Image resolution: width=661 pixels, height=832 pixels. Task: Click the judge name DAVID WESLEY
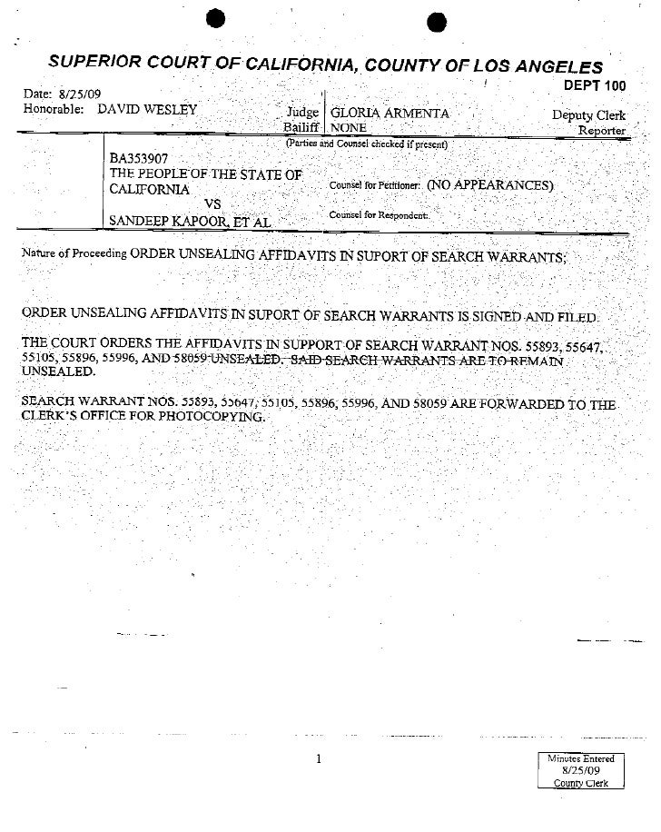[x=146, y=110]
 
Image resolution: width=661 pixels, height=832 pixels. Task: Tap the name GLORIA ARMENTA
[x=390, y=114]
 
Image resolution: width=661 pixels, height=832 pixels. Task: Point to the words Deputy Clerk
[x=588, y=115]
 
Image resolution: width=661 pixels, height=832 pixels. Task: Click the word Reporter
[x=602, y=130]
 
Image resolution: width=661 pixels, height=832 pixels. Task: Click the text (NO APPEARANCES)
[x=490, y=184]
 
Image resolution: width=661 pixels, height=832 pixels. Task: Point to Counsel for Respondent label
[x=379, y=215]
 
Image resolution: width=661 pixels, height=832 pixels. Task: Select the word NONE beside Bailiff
[x=349, y=128]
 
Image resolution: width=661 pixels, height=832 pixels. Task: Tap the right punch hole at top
[x=435, y=24]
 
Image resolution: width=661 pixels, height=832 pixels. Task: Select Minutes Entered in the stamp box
[x=581, y=758]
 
